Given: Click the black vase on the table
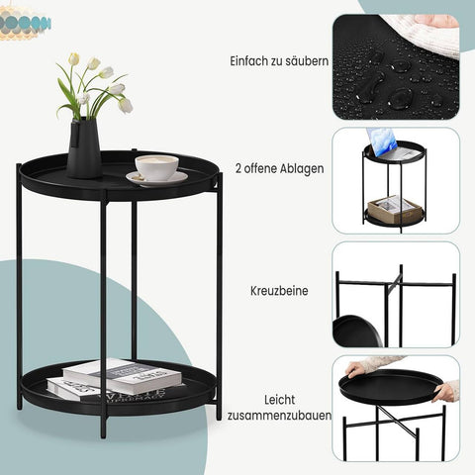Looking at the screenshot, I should (84, 147).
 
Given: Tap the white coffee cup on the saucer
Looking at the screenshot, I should (156, 165).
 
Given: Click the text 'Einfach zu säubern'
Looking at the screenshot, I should (278, 61).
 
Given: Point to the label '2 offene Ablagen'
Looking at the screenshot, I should (280, 168).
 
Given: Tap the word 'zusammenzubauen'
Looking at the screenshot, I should (278, 415).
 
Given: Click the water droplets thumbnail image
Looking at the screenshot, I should (395, 66).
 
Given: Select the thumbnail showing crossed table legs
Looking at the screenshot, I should (395, 295).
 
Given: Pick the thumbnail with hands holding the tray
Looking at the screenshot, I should (395, 408).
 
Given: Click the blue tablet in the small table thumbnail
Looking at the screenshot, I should (381, 142).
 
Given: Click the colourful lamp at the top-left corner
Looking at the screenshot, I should (25, 23).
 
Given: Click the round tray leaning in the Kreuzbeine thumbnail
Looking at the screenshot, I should (355, 331).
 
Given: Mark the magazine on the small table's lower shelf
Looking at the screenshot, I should (393, 207).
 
